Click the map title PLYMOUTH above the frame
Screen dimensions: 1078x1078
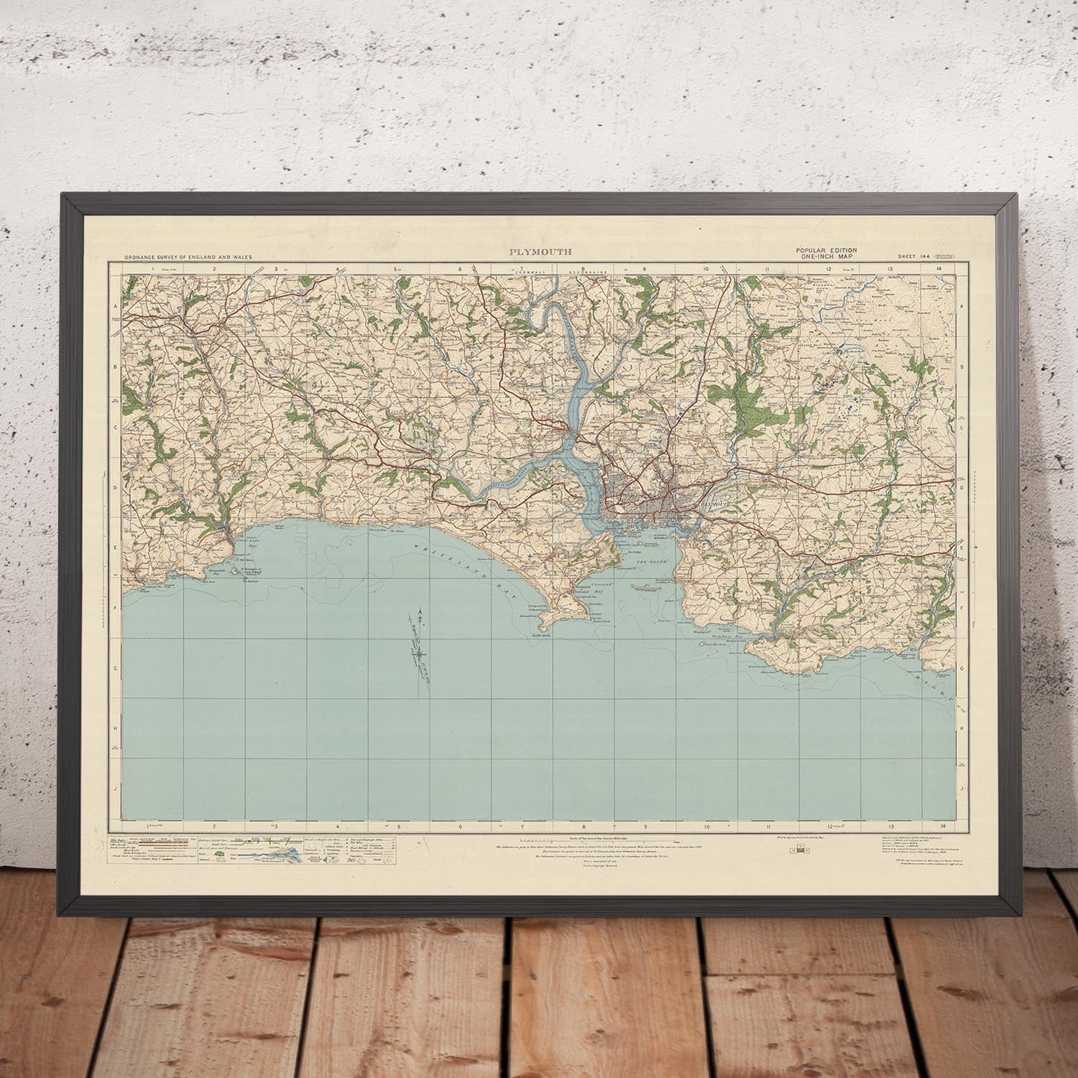pos(541,252)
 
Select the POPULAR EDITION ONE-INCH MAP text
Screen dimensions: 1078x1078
pos(825,252)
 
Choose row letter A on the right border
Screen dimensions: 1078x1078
pos(961,306)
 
